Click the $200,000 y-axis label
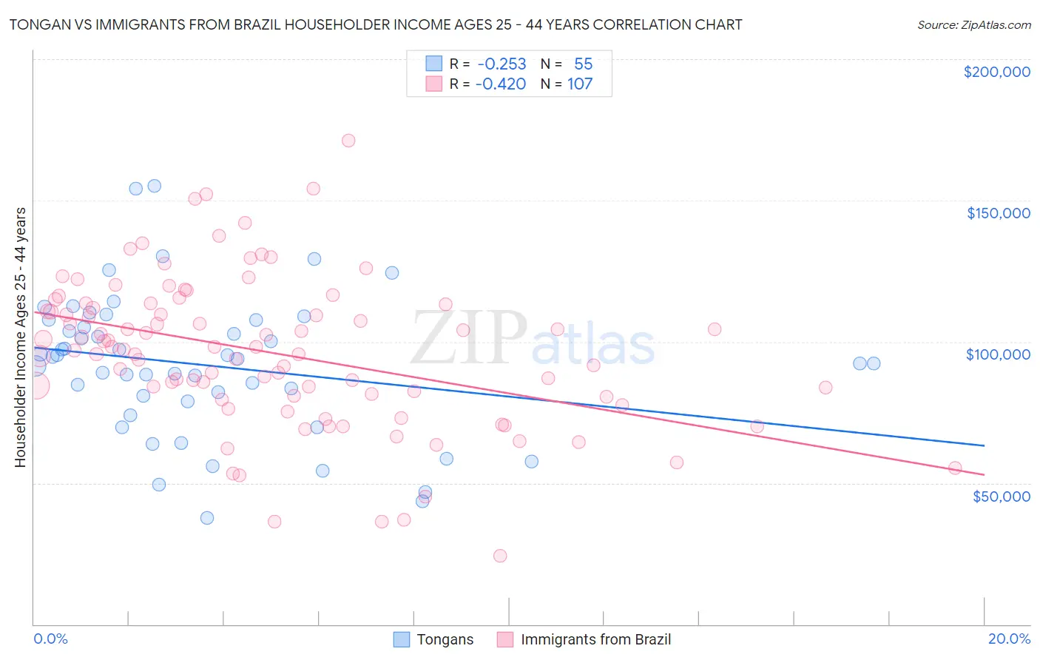[996, 72]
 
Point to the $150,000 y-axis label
[998, 213]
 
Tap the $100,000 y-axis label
[998, 354]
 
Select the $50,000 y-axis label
[1001, 496]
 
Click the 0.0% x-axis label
[50, 639]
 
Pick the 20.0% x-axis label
[1009, 639]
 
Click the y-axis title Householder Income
[20, 337]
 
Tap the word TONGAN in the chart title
[37, 24]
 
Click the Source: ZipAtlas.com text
[973, 24]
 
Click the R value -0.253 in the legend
[502, 64]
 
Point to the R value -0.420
[500, 84]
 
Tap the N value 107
[580, 84]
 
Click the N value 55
[583, 64]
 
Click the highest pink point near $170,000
[348, 141]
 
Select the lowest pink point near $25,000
[500, 556]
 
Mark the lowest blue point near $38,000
[207, 518]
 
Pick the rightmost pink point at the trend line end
[955, 468]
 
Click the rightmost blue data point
[874, 363]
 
